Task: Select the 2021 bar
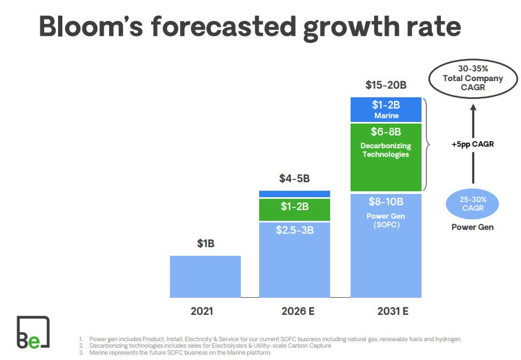(x=205, y=276)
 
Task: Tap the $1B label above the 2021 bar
(x=205, y=243)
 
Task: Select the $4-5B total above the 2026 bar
(x=294, y=178)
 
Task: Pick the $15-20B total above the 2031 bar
(x=386, y=85)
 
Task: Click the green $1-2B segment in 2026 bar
(x=295, y=210)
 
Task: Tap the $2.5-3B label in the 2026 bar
(x=295, y=230)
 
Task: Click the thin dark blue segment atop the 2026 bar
(x=295, y=194)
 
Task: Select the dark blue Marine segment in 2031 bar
(x=386, y=110)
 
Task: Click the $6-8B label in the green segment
(x=386, y=132)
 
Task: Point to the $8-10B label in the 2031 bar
(x=386, y=201)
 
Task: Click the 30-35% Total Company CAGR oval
(x=473, y=78)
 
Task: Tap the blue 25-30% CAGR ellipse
(x=472, y=204)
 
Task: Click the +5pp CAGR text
(x=473, y=144)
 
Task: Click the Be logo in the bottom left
(x=33, y=333)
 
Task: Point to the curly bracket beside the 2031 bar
(x=427, y=145)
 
